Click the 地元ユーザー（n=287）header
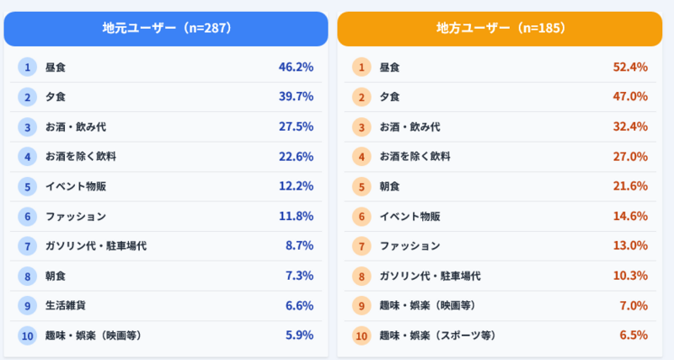166,28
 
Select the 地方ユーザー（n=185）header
500,28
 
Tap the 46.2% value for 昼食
296,67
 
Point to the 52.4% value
630,67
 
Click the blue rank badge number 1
28,67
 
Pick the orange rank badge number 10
362,336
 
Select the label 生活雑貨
64,305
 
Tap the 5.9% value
299,336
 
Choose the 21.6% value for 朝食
630,186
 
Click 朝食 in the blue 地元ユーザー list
55,276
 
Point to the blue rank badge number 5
28,186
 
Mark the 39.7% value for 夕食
296,97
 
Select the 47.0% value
630,97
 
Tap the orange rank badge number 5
362,186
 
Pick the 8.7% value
299,246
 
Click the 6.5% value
634,336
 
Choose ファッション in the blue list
76,216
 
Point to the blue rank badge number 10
28,336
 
